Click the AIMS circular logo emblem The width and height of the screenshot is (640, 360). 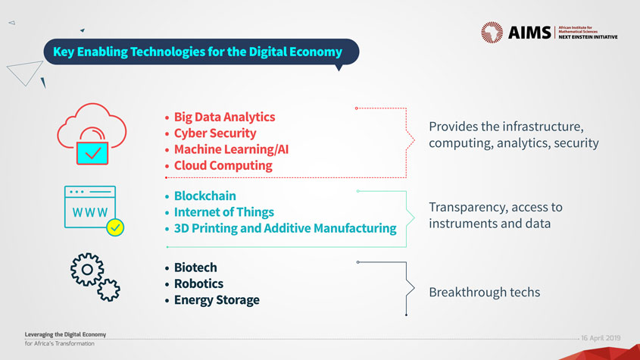point(492,33)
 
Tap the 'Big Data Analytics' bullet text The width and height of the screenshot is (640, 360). point(224,117)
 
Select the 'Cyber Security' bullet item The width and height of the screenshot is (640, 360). point(215,133)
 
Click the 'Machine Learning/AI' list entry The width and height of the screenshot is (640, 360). point(232,149)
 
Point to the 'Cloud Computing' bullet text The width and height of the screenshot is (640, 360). point(223,165)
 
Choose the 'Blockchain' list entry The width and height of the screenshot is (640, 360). point(205,196)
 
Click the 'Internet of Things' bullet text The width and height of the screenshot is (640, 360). point(224,212)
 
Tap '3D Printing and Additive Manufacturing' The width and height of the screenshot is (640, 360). point(286,228)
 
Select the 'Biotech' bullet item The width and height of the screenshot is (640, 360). point(195,268)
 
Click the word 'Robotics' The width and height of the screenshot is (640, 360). point(198,283)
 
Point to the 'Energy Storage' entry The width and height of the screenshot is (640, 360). point(217,300)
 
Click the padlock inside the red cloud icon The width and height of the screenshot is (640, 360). point(92,147)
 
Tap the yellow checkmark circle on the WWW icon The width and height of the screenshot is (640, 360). point(115,227)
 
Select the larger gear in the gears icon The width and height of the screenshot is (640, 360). point(87,269)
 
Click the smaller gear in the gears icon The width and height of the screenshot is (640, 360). point(108,290)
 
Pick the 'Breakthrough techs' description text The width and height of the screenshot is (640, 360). point(485,292)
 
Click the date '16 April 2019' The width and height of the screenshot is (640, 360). point(601,338)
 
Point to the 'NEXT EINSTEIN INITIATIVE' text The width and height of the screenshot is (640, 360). point(588,37)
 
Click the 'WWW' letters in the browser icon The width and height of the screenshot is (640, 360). point(90,212)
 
